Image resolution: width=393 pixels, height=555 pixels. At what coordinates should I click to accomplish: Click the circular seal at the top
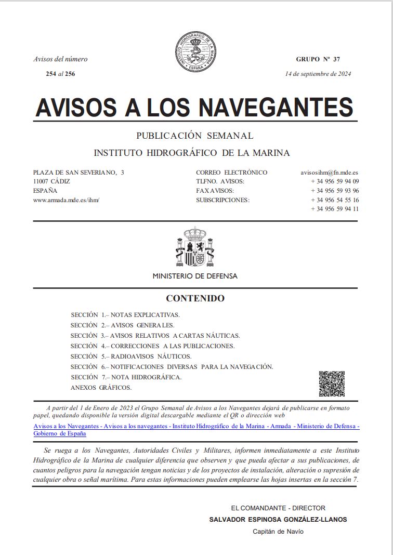195,52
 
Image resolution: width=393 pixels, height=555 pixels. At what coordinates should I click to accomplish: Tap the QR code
332,384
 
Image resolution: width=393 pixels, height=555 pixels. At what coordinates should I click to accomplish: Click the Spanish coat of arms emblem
195,247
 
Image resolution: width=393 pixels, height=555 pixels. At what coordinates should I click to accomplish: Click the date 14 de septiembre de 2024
318,73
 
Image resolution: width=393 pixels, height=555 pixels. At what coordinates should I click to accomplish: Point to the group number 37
336,59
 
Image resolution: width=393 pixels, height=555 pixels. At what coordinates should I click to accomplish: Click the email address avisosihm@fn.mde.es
330,173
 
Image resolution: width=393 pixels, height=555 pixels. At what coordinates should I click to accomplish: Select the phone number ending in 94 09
335,181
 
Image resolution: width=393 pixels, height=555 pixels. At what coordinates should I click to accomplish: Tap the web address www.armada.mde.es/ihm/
66,200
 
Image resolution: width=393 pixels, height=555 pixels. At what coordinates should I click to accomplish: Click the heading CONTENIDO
195,298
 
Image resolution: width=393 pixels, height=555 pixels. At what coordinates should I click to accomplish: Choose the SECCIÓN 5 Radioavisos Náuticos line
131,356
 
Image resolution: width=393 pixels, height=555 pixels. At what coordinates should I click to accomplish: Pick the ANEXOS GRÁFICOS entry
101,388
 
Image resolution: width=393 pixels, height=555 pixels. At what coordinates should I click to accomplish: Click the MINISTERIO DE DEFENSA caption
195,276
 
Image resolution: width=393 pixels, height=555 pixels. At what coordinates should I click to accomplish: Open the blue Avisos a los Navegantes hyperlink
196,427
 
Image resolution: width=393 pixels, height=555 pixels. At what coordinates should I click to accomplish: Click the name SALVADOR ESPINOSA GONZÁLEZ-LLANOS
278,519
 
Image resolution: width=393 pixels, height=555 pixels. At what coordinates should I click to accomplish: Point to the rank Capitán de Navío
278,531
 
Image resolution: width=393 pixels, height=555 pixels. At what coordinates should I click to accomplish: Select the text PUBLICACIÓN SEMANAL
195,136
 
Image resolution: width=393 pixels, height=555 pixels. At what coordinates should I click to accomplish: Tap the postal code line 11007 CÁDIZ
51,181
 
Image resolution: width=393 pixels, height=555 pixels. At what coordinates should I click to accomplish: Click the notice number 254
51,74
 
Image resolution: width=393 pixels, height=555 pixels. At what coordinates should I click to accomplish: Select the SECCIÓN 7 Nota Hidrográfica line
126,377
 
